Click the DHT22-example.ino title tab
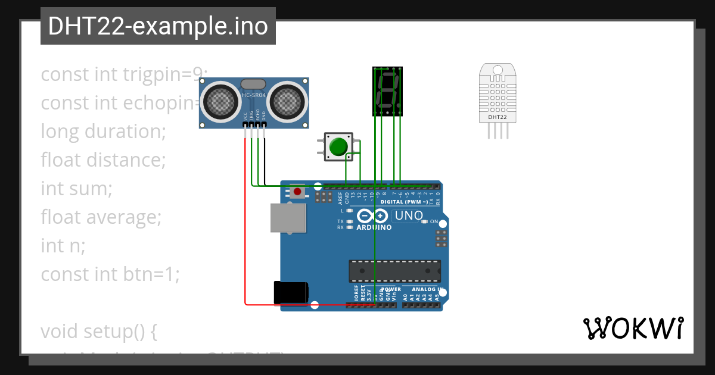pos(158,26)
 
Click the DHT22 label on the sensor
pos(498,117)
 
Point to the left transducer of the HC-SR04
pos(219,101)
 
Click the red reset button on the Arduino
pos(297,192)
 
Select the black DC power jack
pos(290,292)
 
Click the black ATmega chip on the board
pos(394,271)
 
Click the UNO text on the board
pos(409,215)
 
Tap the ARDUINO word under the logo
pos(374,227)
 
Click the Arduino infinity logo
pos(374,216)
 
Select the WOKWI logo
pos(633,328)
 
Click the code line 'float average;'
pos(101,217)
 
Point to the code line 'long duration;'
pos(103,131)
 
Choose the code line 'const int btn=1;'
pos(110,274)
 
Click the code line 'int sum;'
pos(76,189)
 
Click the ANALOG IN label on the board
pos(427,289)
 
